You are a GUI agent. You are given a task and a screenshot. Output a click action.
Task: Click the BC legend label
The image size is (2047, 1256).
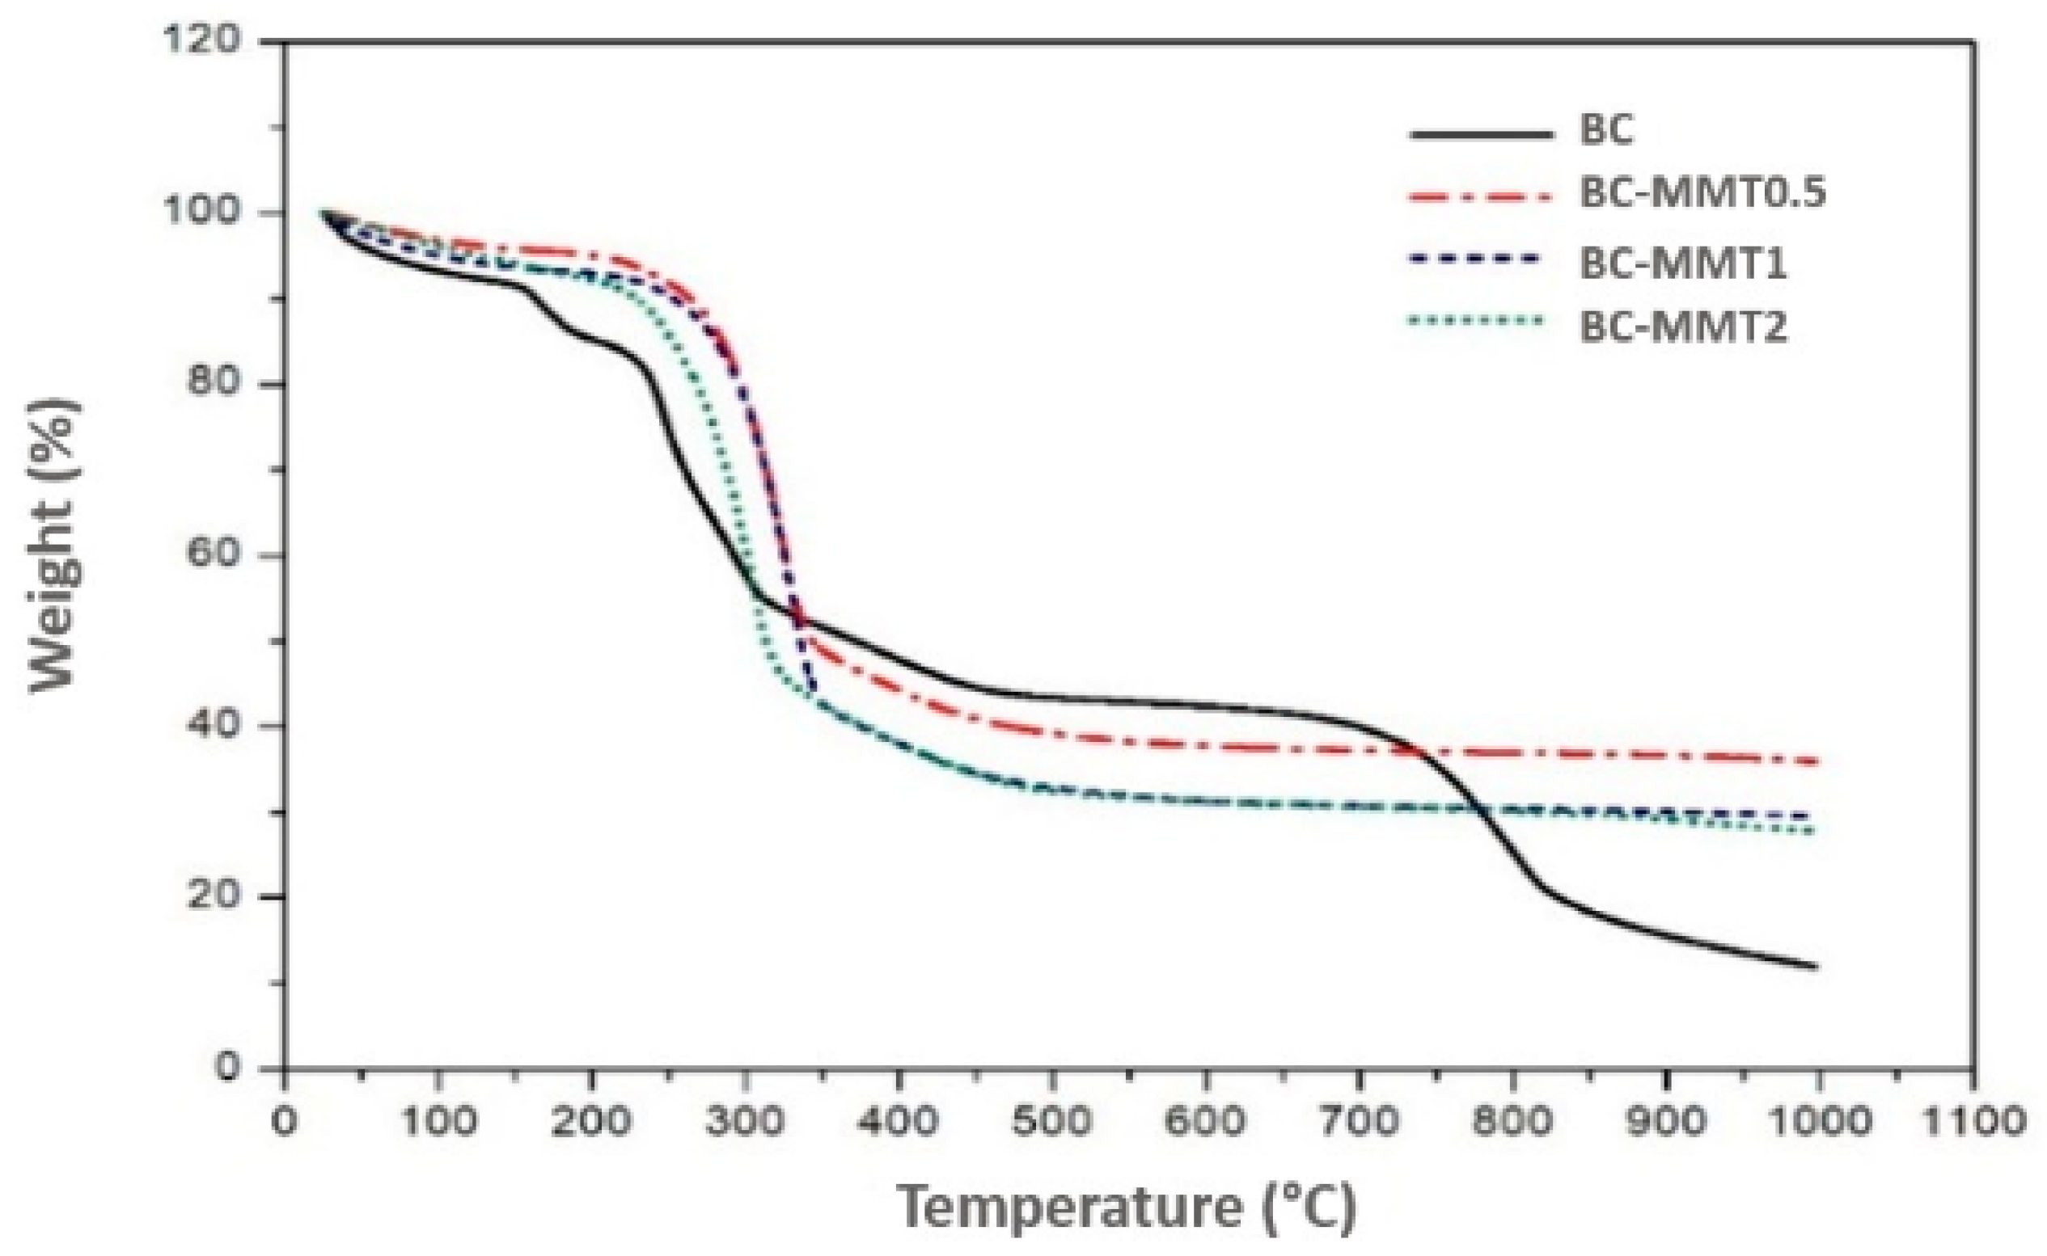pos(1605,130)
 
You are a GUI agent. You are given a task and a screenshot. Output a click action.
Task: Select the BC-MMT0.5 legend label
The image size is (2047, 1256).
pos(1702,193)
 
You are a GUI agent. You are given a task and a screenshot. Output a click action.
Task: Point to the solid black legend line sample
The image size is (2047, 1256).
pos(1481,133)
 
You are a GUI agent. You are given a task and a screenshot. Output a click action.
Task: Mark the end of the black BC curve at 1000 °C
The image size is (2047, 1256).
pos(1817,966)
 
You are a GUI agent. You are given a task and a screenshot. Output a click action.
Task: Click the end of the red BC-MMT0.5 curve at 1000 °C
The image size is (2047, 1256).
pos(1817,761)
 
